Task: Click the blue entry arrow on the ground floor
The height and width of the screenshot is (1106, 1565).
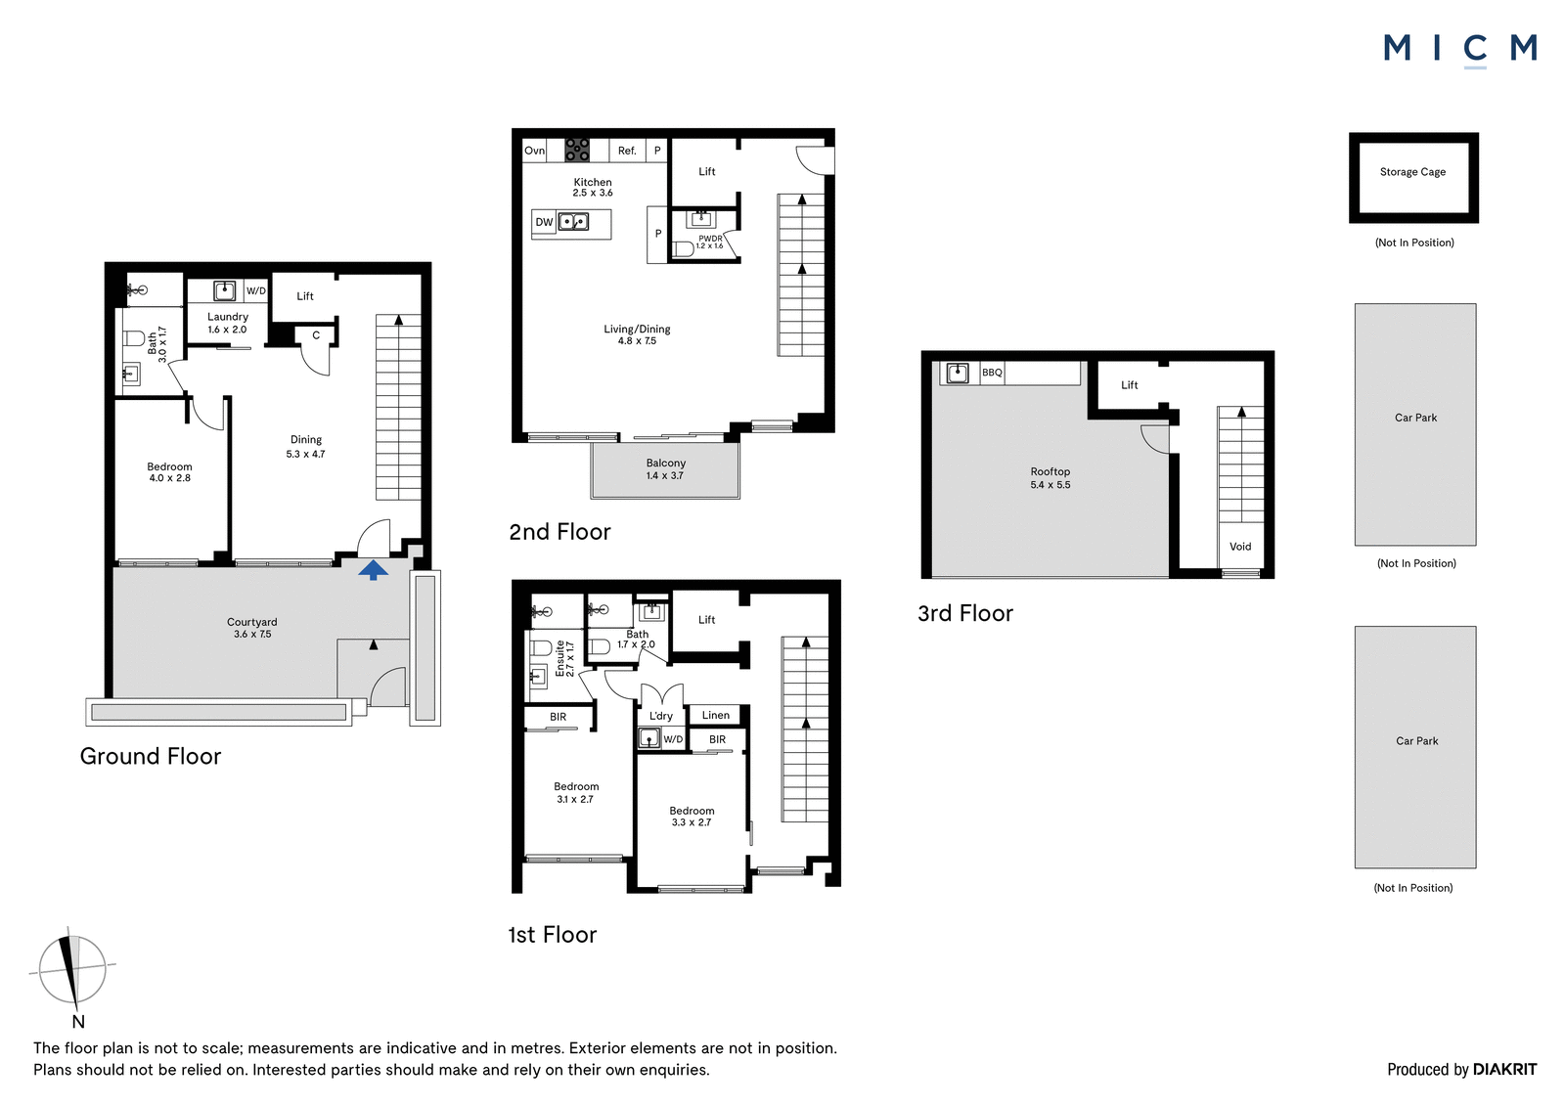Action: point(373,569)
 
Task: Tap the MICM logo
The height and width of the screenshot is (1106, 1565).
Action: point(1460,50)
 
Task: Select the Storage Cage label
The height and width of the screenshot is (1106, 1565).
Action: point(1412,172)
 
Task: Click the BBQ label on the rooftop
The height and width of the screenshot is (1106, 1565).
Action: point(992,373)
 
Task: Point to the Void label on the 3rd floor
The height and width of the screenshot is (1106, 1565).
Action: point(1240,547)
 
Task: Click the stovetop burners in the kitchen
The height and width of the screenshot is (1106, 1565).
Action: point(576,150)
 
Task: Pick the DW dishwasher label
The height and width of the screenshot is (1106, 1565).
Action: point(544,222)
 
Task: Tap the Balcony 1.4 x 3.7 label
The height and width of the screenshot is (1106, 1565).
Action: point(665,468)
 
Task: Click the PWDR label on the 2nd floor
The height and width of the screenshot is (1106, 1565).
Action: point(710,239)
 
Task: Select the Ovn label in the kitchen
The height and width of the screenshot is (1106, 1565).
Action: point(534,151)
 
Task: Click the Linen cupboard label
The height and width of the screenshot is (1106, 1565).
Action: point(715,715)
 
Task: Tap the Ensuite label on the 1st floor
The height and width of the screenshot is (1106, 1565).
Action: point(559,659)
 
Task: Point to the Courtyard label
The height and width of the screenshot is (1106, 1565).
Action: point(252,622)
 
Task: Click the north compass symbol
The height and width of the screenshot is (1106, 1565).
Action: point(72,970)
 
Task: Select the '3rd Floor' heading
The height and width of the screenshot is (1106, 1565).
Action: point(964,613)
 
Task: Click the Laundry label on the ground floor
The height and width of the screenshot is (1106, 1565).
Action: point(228,317)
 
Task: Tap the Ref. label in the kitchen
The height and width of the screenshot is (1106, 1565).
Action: point(627,151)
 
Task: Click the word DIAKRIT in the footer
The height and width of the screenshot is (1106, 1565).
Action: point(1505,1069)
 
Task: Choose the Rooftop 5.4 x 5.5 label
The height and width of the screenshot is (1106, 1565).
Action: point(1051,478)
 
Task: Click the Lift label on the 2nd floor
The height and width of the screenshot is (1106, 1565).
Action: point(707,171)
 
